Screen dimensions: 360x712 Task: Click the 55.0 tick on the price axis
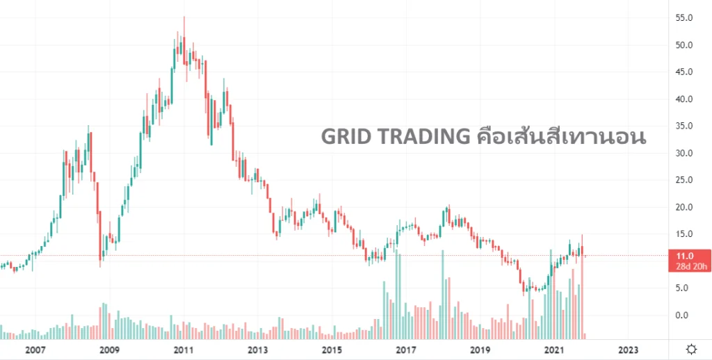(x=684, y=18)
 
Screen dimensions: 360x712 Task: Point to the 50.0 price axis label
(x=684, y=45)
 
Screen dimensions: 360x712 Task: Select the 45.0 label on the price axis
(x=684, y=72)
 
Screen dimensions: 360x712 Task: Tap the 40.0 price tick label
(x=684, y=99)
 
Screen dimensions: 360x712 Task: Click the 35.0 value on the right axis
(x=684, y=126)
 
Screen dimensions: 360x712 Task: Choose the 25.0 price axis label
(x=684, y=180)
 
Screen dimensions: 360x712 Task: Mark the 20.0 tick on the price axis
(x=684, y=207)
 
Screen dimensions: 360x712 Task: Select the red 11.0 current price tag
(x=684, y=256)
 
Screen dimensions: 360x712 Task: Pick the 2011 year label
(x=184, y=350)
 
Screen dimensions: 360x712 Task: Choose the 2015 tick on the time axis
(x=332, y=350)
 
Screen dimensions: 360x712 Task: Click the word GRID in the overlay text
(x=346, y=137)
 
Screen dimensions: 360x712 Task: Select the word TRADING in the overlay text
(x=423, y=137)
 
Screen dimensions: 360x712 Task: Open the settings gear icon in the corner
(x=691, y=349)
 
